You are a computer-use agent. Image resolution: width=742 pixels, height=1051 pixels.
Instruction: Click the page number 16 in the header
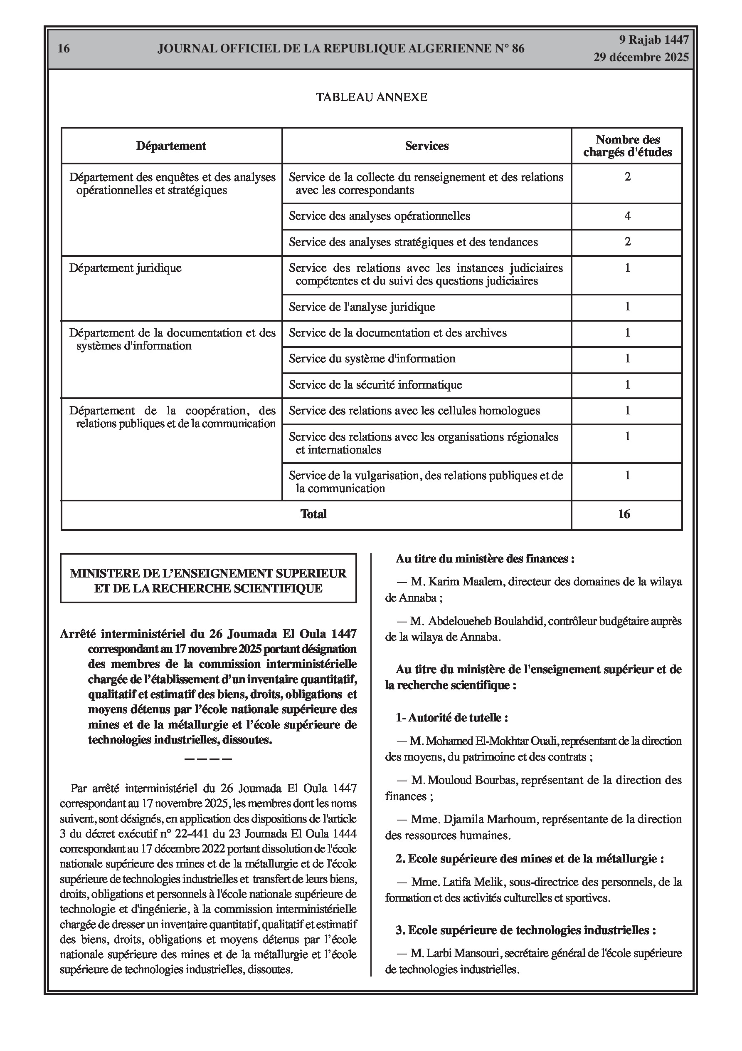[x=64, y=49]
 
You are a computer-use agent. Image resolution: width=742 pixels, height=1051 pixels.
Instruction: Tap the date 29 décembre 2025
[x=641, y=57]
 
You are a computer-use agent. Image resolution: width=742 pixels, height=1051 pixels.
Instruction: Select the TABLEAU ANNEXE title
[x=372, y=97]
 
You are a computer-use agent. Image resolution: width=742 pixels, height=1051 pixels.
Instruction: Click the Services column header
[x=426, y=146]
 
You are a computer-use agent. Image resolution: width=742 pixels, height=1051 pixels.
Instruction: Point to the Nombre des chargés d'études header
[x=627, y=146]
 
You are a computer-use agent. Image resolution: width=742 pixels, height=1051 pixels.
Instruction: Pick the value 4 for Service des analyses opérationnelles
[x=627, y=216]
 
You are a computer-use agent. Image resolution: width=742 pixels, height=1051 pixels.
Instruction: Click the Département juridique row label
[x=126, y=268]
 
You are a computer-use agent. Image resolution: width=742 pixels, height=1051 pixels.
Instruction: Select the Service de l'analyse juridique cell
[x=362, y=307]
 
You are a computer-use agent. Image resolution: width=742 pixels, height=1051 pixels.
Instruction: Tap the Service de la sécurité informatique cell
[x=375, y=384]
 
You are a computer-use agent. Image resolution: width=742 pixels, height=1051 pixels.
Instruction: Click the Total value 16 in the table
[x=624, y=514]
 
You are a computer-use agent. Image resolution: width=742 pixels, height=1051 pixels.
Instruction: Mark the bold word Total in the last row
[x=313, y=514]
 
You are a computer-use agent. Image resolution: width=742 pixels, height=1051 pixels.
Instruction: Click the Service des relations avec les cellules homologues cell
[x=414, y=411]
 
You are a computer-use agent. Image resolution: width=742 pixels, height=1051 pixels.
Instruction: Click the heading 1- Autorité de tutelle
[x=451, y=717]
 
